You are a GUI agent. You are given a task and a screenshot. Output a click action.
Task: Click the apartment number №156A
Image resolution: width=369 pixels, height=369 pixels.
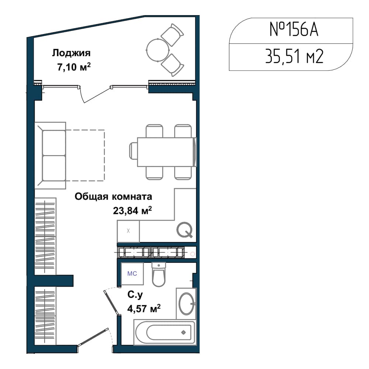point(294,30)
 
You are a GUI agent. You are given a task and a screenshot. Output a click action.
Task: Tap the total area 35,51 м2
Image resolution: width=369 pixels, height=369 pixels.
point(294,56)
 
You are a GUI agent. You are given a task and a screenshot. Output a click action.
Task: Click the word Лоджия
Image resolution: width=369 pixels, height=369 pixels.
point(71,53)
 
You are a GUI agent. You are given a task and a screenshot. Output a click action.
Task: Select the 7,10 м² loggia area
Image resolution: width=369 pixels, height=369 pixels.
point(74,67)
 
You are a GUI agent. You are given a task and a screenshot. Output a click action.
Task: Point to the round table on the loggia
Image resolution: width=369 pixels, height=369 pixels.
point(158,50)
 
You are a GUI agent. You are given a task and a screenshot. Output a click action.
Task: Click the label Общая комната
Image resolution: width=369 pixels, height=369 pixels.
point(113,197)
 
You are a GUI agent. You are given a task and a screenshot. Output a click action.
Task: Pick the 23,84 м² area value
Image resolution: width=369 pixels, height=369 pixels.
point(132,210)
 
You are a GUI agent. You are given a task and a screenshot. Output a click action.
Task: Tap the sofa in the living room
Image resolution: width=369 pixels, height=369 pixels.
point(50,155)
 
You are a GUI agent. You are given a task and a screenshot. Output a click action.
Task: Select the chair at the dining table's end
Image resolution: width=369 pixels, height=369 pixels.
point(133,152)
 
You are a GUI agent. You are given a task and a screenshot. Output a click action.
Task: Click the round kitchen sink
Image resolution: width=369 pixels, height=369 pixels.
point(185,230)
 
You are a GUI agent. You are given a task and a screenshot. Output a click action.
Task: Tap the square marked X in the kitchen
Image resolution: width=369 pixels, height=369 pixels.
point(128,231)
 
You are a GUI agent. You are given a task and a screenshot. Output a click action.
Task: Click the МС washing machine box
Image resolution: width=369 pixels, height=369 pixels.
point(132,274)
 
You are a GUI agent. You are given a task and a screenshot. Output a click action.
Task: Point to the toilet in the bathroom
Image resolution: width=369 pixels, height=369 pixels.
point(159,275)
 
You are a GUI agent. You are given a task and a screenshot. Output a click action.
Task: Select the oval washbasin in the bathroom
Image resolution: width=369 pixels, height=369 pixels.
point(186,304)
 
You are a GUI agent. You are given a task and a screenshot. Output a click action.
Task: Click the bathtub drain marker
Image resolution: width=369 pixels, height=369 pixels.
point(183,332)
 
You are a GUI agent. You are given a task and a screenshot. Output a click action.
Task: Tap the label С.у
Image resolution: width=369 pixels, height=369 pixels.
point(135,295)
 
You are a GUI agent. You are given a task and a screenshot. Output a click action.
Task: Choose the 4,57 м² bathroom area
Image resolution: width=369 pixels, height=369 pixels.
point(144,308)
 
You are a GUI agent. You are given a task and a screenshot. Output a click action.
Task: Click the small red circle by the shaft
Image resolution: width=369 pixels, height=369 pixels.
point(193,254)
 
